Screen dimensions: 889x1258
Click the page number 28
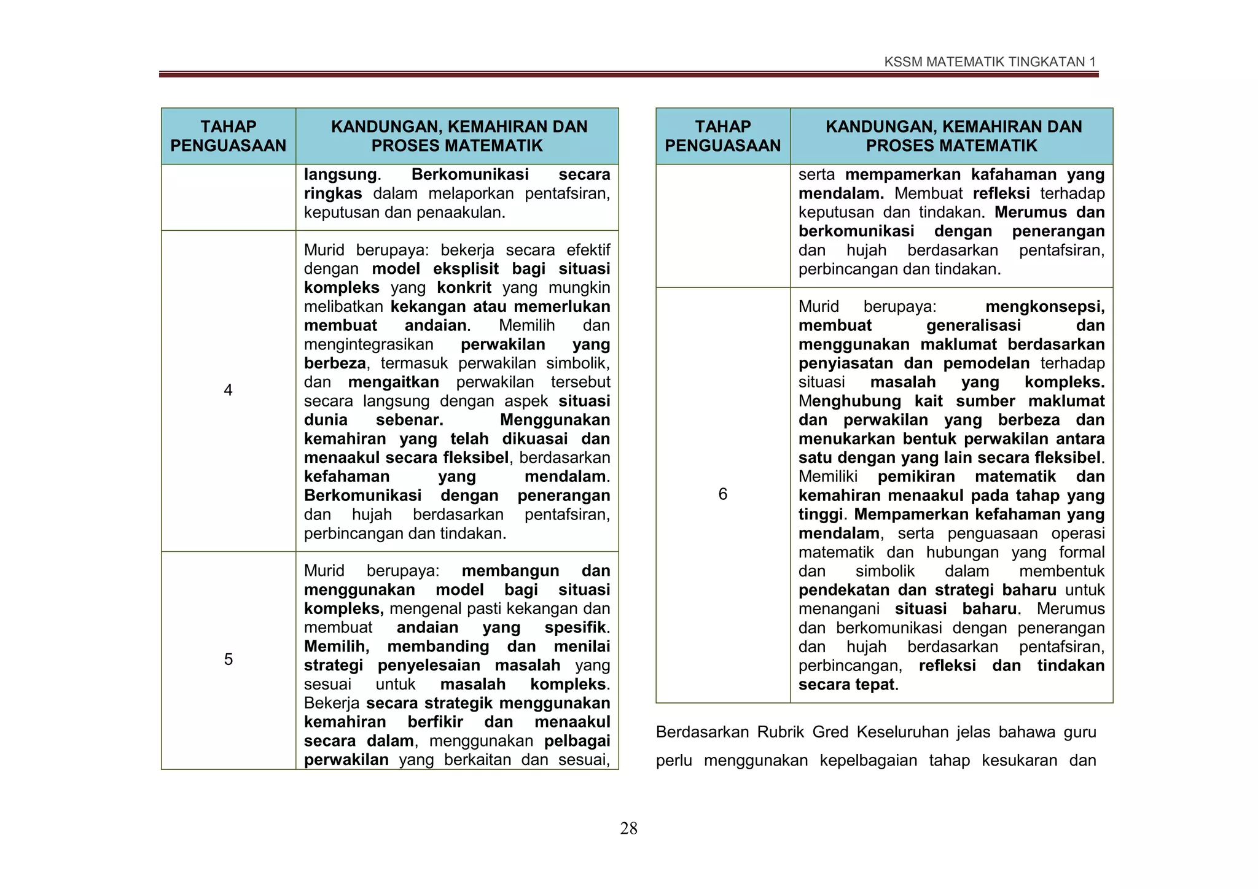[x=628, y=829]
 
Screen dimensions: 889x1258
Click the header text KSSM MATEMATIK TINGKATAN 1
[x=990, y=62]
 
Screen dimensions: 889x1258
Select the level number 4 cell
[x=228, y=390]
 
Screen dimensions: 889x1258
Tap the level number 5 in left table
[x=228, y=659]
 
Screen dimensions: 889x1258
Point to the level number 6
[x=722, y=494]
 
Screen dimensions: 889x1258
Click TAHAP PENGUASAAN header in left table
[x=228, y=136]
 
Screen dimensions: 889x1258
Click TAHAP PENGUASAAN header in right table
[x=722, y=136]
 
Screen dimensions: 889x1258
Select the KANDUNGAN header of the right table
[x=951, y=136]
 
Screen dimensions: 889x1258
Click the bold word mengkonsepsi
[x=1045, y=306]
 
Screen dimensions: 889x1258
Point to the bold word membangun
[x=510, y=571]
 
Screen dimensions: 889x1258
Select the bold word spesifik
[x=575, y=627]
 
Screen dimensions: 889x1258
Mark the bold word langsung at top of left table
[x=340, y=174]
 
